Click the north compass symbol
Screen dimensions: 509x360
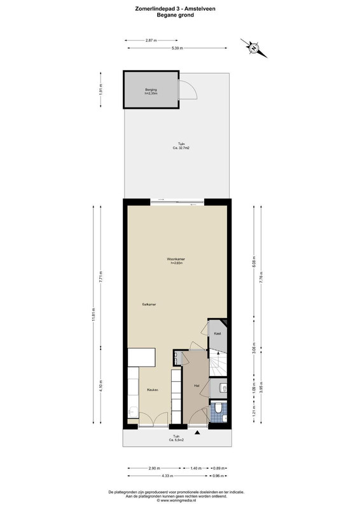click(253, 46)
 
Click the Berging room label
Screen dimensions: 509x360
click(151, 91)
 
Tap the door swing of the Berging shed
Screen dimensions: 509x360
click(189, 90)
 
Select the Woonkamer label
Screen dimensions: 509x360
click(176, 259)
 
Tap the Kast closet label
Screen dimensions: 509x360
click(216, 333)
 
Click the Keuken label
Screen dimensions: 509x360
click(152, 390)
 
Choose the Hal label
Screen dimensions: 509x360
click(197, 386)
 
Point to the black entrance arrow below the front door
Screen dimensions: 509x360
click(198, 433)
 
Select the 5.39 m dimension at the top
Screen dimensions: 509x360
click(177, 48)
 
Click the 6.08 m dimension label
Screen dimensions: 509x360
click(255, 260)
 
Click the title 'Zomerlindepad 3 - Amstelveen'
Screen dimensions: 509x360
click(179, 8)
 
